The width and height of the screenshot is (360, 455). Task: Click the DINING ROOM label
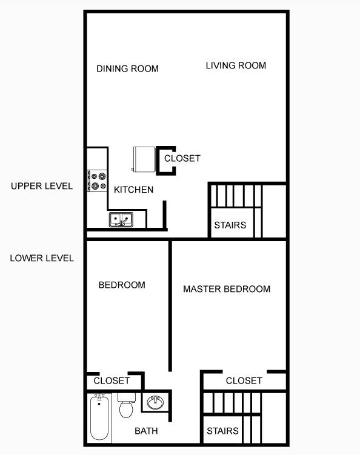(127, 68)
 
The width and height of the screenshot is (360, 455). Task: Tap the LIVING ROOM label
(236, 65)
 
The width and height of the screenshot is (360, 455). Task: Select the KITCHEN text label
(133, 190)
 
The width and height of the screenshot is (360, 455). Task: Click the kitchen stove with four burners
(96, 181)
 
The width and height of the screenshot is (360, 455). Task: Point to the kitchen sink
(121, 219)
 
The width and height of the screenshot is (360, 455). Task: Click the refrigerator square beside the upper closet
(144, 159)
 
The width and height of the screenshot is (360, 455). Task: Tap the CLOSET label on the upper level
(182, 158)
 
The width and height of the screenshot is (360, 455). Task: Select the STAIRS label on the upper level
(230, 225)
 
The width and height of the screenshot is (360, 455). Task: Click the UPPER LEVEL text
(42, 186)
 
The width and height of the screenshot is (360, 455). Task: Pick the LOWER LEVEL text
(42, 258)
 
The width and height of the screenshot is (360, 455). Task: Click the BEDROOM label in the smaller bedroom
(122, 285)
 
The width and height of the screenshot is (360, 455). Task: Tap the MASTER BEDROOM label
(227, 289)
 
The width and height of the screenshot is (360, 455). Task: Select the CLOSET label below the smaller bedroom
(112, 380)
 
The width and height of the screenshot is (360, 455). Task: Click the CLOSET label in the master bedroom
(244, 380)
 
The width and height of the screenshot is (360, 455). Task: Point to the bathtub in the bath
(100, 418)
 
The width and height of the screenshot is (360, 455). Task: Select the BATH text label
(146, 431)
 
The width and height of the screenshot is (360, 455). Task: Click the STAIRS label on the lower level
(222, 431)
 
